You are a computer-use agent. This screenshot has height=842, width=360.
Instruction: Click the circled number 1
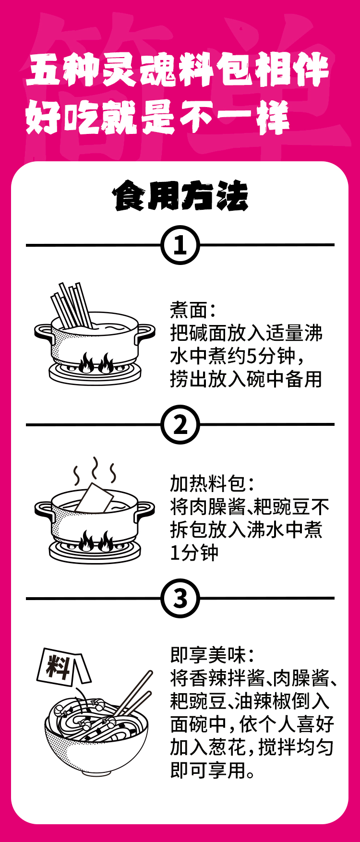180,245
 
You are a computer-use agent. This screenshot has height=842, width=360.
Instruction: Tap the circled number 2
180,425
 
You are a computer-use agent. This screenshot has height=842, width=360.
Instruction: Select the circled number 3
180,599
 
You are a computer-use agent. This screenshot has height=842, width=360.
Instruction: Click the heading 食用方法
180,196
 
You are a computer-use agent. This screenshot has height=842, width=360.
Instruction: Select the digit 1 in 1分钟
176,553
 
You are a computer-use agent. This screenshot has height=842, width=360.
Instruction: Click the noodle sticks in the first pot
72,305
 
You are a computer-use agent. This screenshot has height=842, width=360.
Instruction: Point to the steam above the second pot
95,470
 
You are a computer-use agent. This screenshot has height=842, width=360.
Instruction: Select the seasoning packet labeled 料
61,666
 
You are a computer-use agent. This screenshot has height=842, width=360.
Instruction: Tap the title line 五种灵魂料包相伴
177,71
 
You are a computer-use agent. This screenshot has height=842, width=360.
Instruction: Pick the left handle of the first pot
42,332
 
